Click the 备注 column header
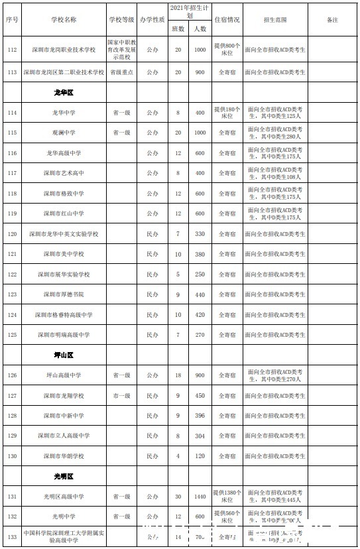pos(332,20)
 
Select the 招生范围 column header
pos(275,20)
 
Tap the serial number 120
pos(12,233)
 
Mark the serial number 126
pos(12,375)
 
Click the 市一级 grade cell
pos(120,395)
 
